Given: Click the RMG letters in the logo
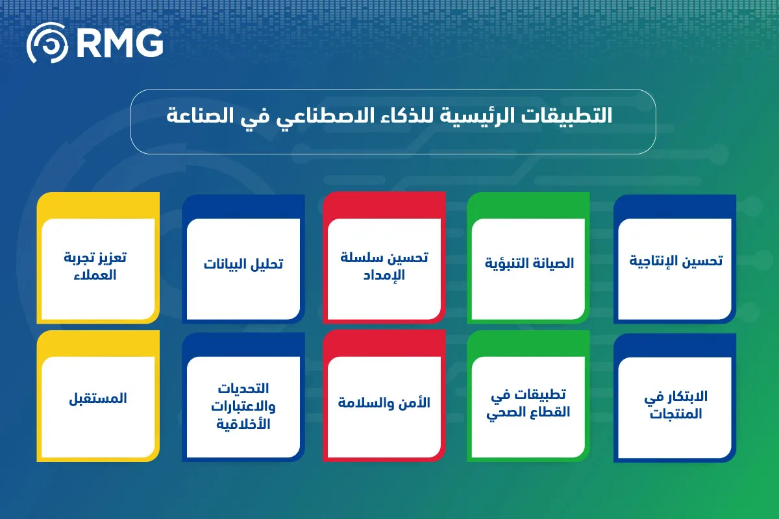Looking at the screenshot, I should [x=120, y=43].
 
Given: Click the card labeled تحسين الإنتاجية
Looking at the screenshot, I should [x=676, y=261].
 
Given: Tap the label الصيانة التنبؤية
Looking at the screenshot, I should [x=529, y=263].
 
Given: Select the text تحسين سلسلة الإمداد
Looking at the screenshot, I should [x=384, y=266].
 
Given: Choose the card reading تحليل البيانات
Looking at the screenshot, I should [x=243, y=265].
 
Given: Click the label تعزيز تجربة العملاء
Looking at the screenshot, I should [x=98, y=266].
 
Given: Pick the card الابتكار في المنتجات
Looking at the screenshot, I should [x=676, y=405].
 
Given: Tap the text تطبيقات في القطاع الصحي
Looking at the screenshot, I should [x=529, y=404].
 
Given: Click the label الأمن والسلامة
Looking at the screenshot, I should [x=384, y=403].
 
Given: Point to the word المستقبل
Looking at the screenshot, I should [x=98, y=398].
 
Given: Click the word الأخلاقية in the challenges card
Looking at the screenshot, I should [x=243, y=425].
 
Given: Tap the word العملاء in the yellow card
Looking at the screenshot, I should [x=98, y=274].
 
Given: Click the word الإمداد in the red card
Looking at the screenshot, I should [x=384, y=274].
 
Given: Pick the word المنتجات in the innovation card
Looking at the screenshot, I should [x=676, y=414].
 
